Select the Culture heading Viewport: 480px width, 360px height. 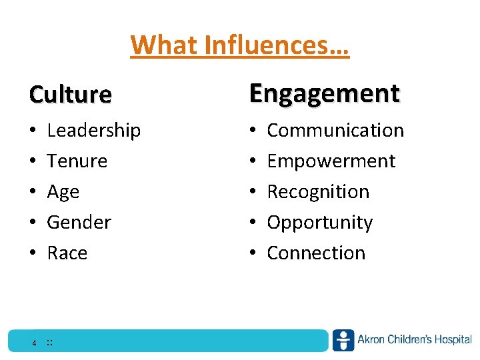[x=70, y=95]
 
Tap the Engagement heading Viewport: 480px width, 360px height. [x=325, y=93]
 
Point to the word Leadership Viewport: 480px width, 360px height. [x=94, y=130]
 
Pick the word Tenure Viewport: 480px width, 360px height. [x=77, y=161]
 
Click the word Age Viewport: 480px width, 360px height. [x=63, y=192]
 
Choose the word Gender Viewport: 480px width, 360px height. [x=79, y=222]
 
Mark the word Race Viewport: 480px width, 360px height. [x=67, y=253]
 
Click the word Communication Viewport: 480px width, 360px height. [x=335, y=130]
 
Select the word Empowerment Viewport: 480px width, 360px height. [x=331, y=161]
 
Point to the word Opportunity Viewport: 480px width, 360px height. [x=320, y=222]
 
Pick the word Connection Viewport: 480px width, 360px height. [x=316, y=253]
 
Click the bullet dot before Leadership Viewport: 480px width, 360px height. [x=33, y=131]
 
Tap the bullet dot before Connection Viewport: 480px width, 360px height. [x=253, y=253]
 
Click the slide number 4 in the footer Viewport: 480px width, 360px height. [x=33, y=343]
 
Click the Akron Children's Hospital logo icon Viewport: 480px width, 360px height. [x=343, y=340]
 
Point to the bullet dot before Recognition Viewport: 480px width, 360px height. [x=253, y=192]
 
